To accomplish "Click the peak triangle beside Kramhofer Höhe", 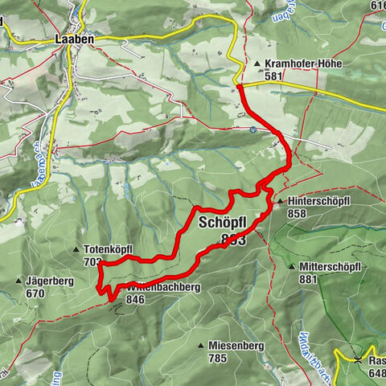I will [257, 64].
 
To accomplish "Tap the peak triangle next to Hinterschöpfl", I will [277, 203].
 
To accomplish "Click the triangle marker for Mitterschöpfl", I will [290, 266].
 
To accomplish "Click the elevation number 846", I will [134, 299].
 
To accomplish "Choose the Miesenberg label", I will [236, 345].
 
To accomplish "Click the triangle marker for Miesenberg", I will [201, 345].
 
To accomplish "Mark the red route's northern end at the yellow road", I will [240, 84].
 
